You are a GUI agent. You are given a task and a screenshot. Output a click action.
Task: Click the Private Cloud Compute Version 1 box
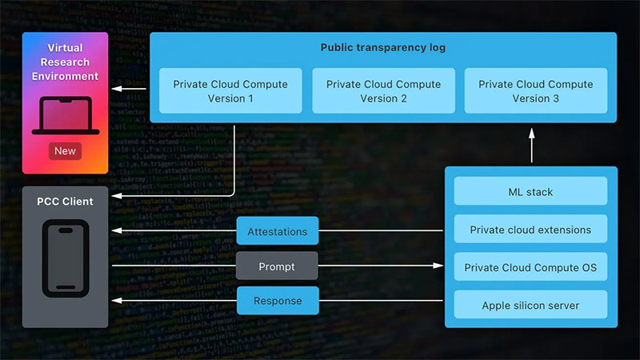click(230, 90)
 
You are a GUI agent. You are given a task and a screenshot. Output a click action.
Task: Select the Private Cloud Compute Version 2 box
click(383, 90)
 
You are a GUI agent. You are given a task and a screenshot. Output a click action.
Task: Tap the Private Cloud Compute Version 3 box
click(534, 90)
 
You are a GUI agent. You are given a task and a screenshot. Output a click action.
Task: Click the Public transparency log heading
click(383, 48)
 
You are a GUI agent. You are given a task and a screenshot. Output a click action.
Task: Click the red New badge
click(66, 150)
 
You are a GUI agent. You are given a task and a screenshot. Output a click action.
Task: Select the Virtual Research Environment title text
click(66, 62)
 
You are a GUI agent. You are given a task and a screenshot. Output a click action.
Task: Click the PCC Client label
click(66, 202)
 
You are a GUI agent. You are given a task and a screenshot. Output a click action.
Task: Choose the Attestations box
click(278, 231)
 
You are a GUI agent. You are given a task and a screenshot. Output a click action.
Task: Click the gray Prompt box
click(278, 266)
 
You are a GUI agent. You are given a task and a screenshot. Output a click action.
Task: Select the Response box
click(278, 301)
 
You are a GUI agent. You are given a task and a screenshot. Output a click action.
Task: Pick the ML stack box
click(530, 192)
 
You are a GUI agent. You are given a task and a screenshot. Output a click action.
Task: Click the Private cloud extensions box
click(530, 230)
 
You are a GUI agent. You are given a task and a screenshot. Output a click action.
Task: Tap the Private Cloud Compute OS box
click(530, 267)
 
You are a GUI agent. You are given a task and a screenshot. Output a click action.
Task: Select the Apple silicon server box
click(530, 305)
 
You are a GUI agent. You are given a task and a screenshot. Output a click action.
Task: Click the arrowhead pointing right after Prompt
click(439, 266)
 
